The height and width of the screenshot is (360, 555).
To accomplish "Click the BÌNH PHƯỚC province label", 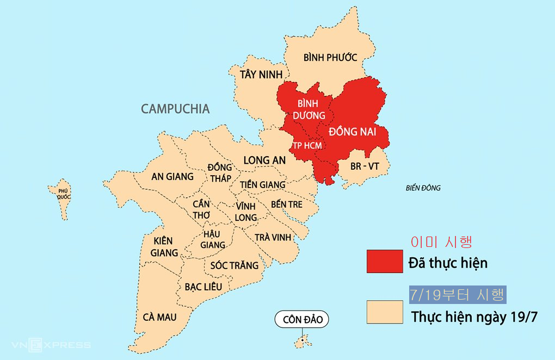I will (x=330, y=57).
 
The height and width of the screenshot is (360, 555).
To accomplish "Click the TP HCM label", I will (x=307, y=146).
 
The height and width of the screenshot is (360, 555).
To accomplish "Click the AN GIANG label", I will (x=172, y=176).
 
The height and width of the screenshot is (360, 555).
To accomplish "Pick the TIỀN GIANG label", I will (x=262, y=185).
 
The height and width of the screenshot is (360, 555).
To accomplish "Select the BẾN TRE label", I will (x=286, y=204).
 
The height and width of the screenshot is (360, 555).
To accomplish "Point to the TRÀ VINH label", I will (x=273, y=237).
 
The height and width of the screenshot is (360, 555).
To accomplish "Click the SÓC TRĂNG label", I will (x=235, y=265).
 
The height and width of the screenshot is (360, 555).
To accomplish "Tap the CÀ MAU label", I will (x=159, y=317).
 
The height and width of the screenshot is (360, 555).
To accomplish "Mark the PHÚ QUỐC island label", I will (x=64, y=194).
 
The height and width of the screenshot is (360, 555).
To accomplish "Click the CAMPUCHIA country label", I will (x=175, y=109).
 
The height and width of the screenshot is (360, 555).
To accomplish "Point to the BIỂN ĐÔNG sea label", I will (x=423, y=188).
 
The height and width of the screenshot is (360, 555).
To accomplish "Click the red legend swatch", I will (x=384, y=262).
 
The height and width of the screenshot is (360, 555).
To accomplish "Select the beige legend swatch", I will (x=384, y=312).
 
